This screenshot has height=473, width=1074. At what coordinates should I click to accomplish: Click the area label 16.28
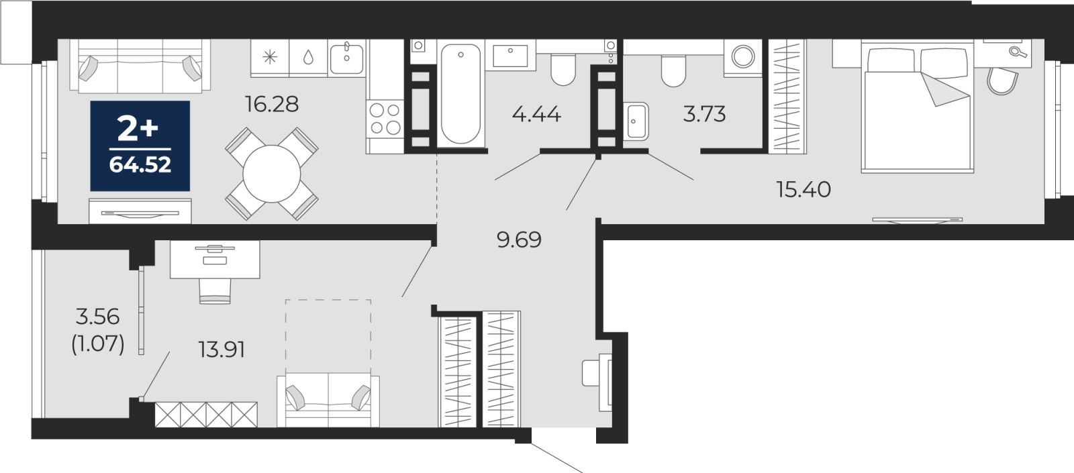click(272, 104)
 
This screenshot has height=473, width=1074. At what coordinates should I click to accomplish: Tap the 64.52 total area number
click(140, 165)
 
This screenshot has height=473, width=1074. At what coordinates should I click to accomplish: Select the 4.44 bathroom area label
click(536, 115)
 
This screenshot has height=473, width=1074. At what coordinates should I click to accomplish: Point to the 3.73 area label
click(704, 115)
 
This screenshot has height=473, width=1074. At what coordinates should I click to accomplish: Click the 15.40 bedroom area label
click(803, 190)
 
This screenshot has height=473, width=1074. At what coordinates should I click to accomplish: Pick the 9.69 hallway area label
click(520, 240)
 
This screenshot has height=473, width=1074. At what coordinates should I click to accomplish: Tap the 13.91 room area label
click(222, 350)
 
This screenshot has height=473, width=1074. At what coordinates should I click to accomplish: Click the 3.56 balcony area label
click(98, 317)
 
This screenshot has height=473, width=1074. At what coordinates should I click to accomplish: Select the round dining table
click(271, 174)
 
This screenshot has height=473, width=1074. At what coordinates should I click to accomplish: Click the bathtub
click(460, 94)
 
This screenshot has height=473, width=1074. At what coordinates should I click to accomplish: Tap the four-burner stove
click(385, 119)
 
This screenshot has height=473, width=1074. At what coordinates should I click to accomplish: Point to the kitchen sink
click(346, 58)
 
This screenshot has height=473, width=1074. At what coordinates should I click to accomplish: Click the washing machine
click(743, 56)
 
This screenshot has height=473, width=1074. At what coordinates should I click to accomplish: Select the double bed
click(917, 107)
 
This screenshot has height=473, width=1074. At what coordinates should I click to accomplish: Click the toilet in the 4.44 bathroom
click(563, 70)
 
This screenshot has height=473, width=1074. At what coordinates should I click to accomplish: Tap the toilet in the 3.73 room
click(673, 71)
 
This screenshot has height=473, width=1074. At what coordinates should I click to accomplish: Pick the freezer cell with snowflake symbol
click(270, 58)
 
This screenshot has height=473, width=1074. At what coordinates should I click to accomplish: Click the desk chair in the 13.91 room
click(215, 291)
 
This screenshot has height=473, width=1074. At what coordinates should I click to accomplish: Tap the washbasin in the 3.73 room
click(636, 121)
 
